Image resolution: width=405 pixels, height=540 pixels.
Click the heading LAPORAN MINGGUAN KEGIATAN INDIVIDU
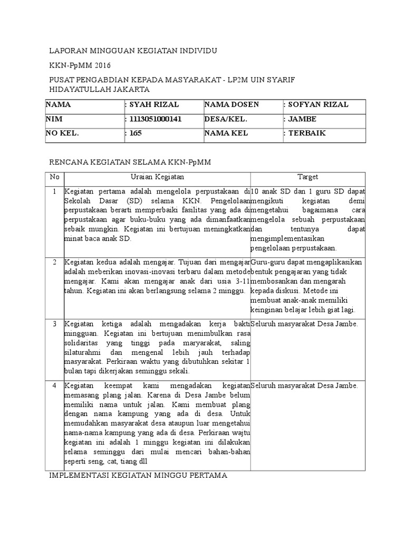coord(133,51)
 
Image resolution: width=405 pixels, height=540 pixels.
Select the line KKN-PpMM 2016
coord(77,65)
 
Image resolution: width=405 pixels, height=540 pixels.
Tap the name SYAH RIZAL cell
coord(146,104)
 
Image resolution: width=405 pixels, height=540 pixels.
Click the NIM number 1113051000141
coord(154,119)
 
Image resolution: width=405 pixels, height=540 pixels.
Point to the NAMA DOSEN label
coord(228,104)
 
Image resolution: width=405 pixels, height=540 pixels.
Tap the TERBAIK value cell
coord(306,133)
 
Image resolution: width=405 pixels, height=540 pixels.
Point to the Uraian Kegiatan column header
coord(157,177)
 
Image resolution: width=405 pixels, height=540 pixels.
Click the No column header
coord(54,177)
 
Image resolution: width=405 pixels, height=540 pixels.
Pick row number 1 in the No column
coord(54,191)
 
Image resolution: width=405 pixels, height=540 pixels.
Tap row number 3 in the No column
coord(54,324)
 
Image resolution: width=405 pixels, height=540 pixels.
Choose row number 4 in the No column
coord(54,386)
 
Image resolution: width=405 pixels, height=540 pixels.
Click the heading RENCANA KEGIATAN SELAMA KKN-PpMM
coord(130,162)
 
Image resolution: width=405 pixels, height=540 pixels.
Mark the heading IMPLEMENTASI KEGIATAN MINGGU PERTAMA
coord(138,476)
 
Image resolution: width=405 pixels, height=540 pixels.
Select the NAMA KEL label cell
coord(224,133)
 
